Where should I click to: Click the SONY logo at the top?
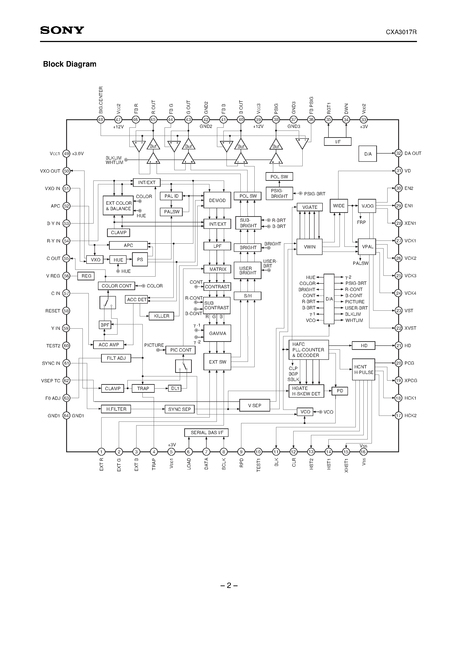[x=62, y=30]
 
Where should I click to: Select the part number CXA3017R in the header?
[x=401, y=32]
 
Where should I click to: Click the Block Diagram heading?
[x=70, y=64]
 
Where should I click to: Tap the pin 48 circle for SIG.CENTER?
[x=101, y=119]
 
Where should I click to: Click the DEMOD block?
[x=217, y=200]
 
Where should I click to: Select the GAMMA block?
[x=217, y=333]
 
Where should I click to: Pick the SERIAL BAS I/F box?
[x=206, y=433]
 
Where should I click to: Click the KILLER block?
[x=161, y=316]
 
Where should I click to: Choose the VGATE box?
[x=310, y=207]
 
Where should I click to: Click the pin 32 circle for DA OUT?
[x=398, y=153]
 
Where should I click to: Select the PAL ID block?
[x=171, y=196]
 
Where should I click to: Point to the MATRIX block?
[x=217, y=269]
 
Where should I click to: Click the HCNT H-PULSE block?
[x=363, y=370]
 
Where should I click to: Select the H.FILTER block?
[x=116, y=409]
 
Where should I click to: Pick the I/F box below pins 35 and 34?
[x=338, y=142]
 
